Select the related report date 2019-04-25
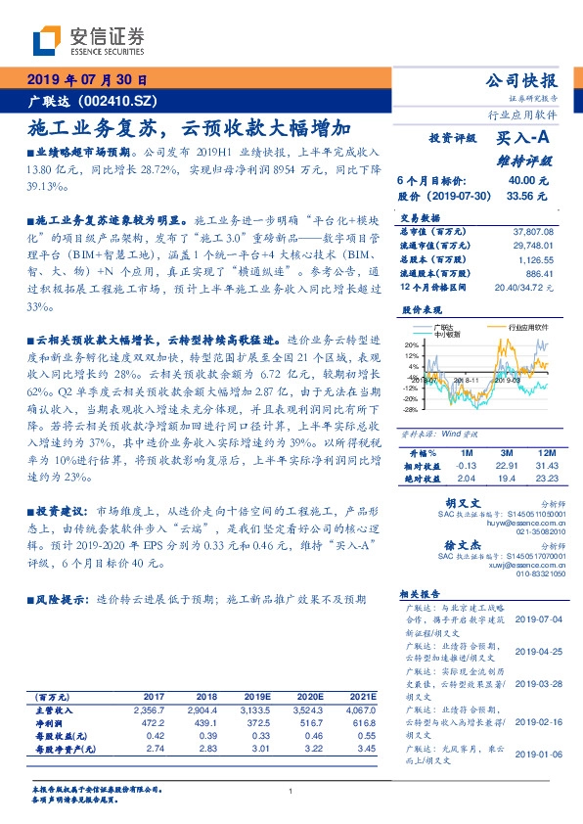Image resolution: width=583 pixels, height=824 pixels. (537, 651)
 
